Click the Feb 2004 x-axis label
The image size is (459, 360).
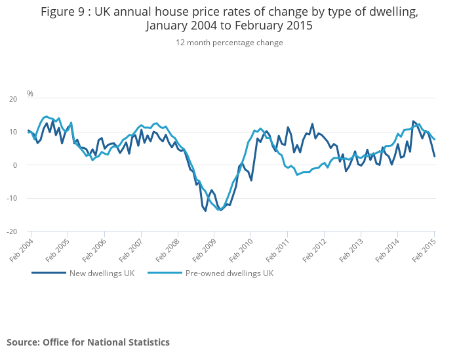click(x=22, y=249)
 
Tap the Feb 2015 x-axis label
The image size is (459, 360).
click(x=426, y=249)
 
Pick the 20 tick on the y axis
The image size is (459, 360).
click(x=13, y=99)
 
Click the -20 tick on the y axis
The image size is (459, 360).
click(x=12, y=231)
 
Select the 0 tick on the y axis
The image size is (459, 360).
click(x=15, y=165)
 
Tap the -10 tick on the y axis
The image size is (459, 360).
click(x=12, y=198)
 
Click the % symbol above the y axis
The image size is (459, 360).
click(x=30, y=94)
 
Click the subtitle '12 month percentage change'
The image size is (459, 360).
click(x=229, y=43)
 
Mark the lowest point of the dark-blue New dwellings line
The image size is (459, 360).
click(x=205, y=210)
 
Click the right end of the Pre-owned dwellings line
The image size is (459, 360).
click(x=435, y=139)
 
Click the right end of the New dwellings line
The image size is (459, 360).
click(x=435, y=156)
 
